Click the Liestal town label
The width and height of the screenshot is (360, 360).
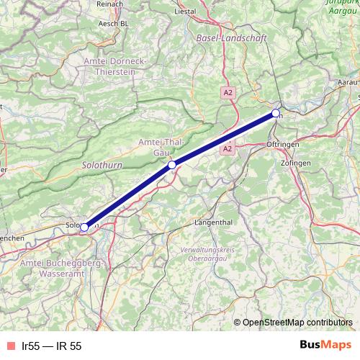pyautogui.click(x=186, y=12)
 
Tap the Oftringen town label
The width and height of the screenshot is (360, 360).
pyautogui.click(x=282, y=145)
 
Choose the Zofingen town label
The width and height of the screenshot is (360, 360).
pyautogui.click(x=296, y=164)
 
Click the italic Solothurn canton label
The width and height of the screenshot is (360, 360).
pyautogui.click(x=102, y=165)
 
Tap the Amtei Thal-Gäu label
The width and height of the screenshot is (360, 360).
pyautogui.click(x=161, y=148)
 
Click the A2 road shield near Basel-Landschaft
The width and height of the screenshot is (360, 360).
pyautogui.click(x=228, y=93)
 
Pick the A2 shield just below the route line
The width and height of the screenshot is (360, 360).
pyautogui.click(x=228, y=148)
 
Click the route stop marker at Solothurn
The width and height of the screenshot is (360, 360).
pyautogui.click(x=84, y=227)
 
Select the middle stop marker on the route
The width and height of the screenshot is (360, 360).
pyautogui.click(x=172, y=165)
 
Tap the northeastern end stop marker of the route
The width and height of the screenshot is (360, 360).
pyautogui.click(x=276, y=113)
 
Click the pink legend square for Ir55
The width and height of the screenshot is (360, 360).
pyautogui.click(x=10, y=346)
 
